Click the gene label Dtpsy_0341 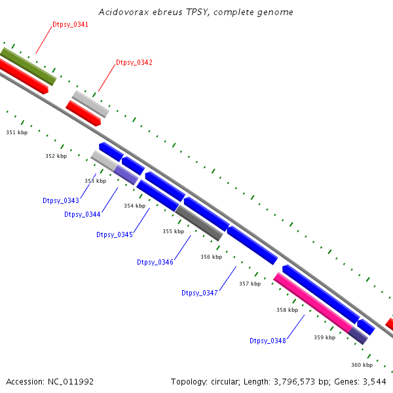70,24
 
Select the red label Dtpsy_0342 134,62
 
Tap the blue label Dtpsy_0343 60,200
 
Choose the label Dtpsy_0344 82,214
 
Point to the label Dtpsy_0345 114,234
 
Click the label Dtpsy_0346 155,262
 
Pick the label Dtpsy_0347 199,293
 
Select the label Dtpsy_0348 267,341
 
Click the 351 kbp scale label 17,132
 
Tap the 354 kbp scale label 134,206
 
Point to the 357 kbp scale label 250,284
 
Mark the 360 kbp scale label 362,365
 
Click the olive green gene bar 29,66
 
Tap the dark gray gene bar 199,223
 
